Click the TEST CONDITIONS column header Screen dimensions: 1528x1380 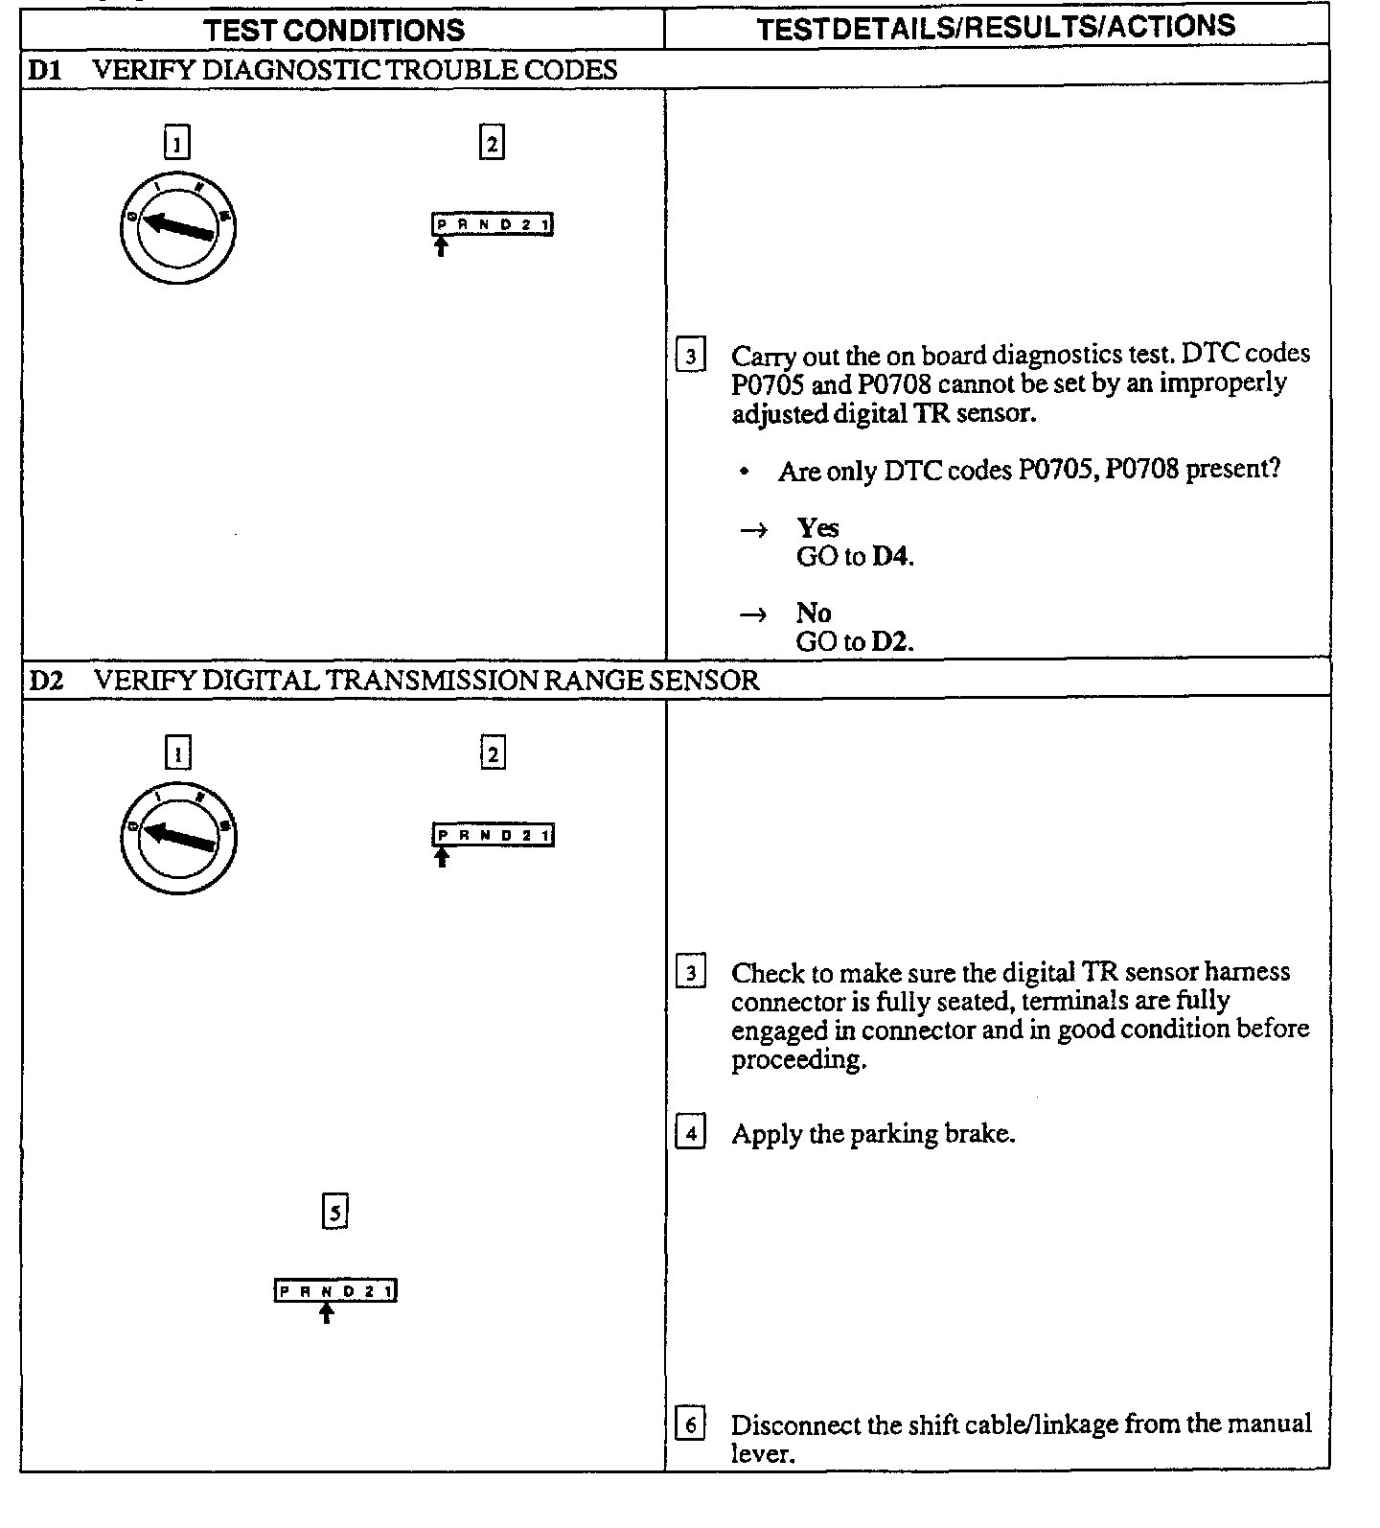334,30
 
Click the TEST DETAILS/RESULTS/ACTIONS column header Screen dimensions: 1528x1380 996,27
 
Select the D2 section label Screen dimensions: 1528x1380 45,681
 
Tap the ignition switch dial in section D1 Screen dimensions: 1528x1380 178,227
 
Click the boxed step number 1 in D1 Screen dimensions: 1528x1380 177,143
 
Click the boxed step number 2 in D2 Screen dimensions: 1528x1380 492,753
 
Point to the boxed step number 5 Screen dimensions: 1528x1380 334,1213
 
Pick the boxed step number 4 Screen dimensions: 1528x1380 690,1133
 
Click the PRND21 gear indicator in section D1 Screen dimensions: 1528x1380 493,225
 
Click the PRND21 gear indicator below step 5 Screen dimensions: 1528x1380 335,1290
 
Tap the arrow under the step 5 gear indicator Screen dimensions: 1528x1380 326,1313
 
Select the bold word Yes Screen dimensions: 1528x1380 817,528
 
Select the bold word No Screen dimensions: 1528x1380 813,613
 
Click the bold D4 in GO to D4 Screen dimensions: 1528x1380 890,557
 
